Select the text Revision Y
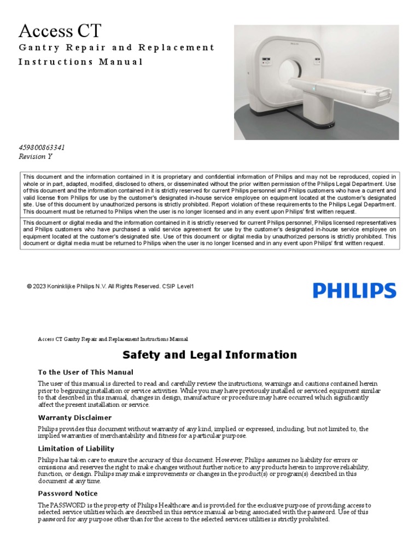coord(36,156)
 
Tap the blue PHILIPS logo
coord(354,290)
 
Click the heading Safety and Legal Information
coord(210,355)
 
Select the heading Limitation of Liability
coord(76,448)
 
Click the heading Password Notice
coord(68,493)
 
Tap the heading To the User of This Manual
coord(85,372)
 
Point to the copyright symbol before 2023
coord(29,286)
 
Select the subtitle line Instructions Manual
coord(80,62)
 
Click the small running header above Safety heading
coord(113,339)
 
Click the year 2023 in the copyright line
coord(39,286)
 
